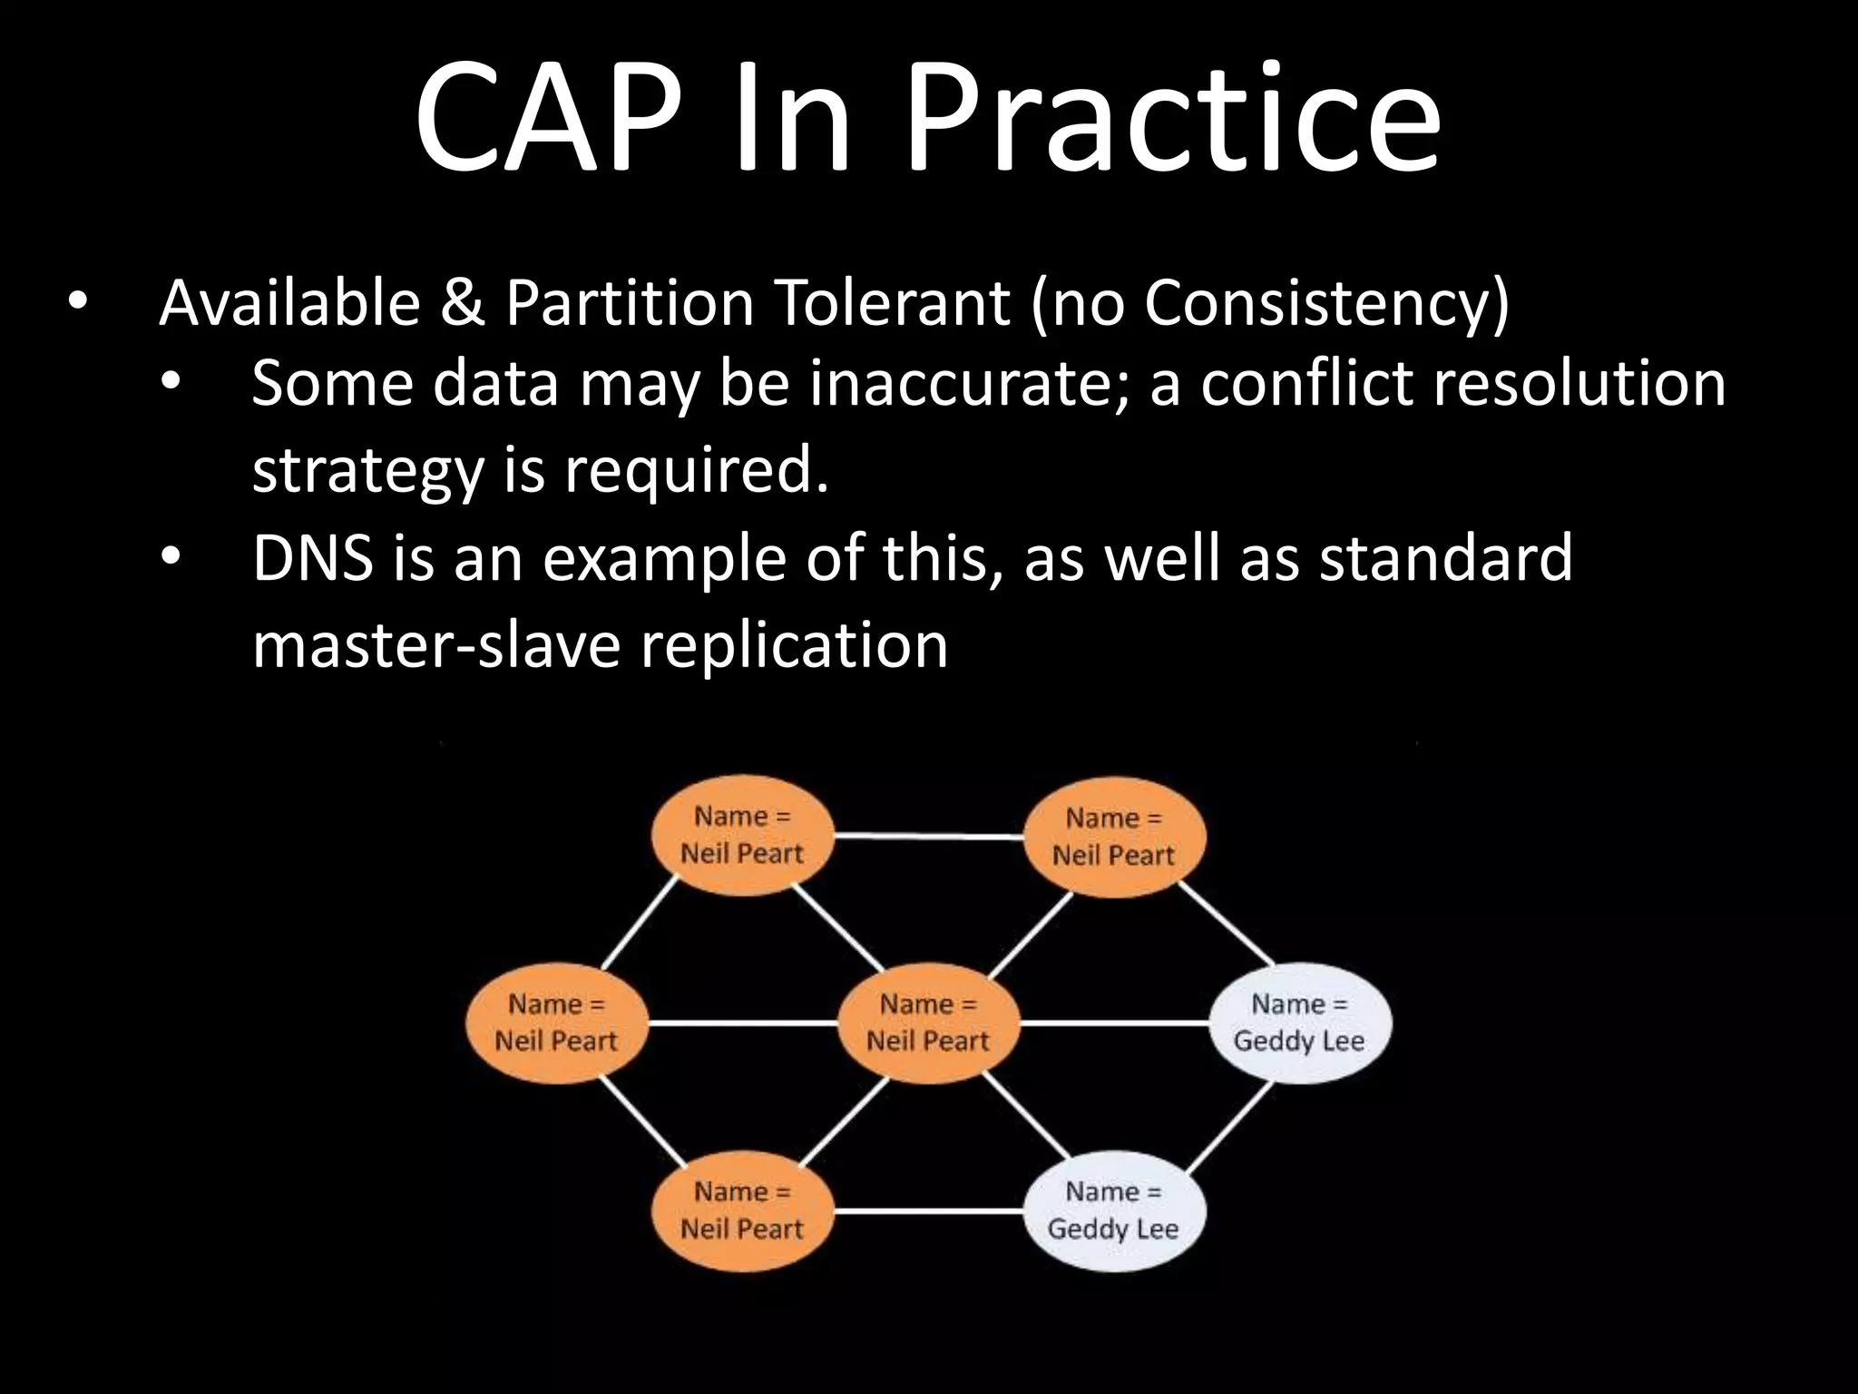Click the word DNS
pos(312,557)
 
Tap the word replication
pos(794,645)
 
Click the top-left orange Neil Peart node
pos(742,835)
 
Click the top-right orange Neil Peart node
pos(1113,837)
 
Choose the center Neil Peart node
pos(928,1023)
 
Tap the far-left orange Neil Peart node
pos(556,1023)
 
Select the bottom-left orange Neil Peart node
pos(742,1210)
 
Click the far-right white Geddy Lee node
pos(1299,1023)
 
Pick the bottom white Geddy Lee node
pos(1113,1210)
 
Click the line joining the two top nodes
pos(927,836)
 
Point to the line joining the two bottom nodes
pos(927,1211)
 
